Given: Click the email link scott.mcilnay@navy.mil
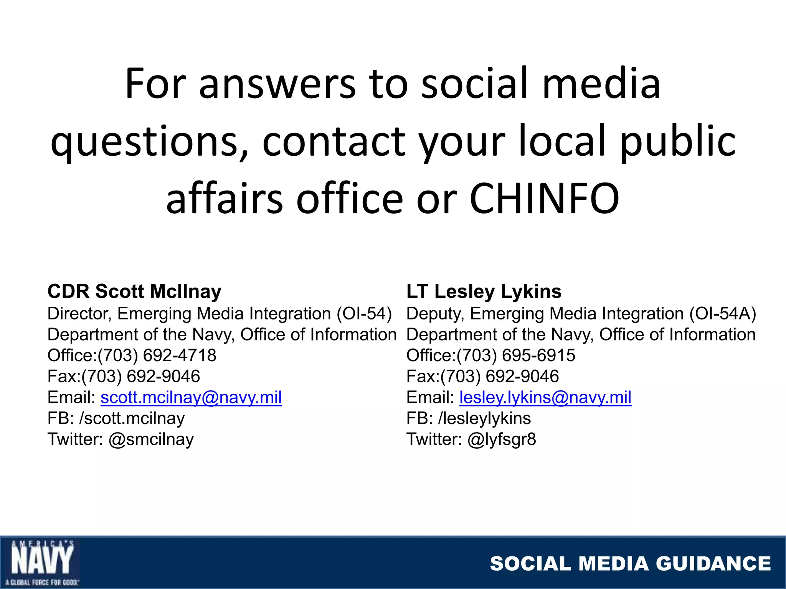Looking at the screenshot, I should click(191, 398).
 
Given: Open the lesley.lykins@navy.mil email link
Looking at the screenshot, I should click(545, 398).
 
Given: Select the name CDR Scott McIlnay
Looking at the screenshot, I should click(134, 291).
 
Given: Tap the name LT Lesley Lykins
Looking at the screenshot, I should click(484, 291).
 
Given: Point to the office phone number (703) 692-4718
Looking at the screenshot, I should click(157, 355).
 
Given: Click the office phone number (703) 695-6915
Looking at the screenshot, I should click(516, 355).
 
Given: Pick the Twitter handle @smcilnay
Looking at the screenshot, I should click(151, 439).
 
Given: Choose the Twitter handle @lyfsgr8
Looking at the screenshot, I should click(502, 439).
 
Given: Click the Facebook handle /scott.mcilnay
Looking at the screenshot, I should click(132, 418).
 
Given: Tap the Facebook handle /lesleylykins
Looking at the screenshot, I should click(484, 418).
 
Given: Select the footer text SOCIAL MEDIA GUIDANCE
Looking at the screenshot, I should click(630, 564).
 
